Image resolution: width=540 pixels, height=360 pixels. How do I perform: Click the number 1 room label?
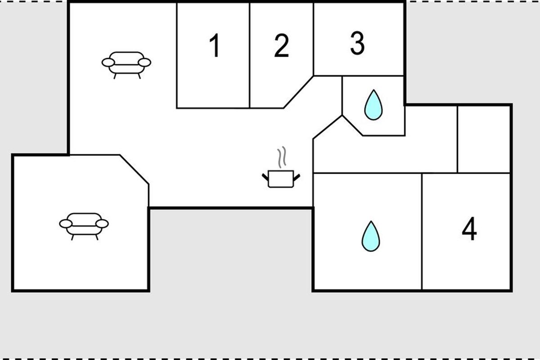click(214, 45)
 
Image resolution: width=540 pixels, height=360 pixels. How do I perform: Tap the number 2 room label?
click(282, 45)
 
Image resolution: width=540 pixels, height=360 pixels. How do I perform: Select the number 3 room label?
click(357, 43)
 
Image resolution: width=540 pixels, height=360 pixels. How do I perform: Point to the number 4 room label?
click(469, 228)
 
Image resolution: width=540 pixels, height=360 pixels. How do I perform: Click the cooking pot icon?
click(281, 179)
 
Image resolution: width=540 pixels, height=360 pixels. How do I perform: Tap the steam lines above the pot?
click(282, 157)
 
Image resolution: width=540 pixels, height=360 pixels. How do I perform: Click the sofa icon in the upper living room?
click(126, 65)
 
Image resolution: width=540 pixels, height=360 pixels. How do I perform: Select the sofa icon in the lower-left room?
click(84, 226)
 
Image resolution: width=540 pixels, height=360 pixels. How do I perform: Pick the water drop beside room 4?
click(371, 236)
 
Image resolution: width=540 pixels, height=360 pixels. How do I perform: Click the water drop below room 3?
click(373, 105)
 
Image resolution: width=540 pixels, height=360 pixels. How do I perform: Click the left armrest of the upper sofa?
click(108, 63)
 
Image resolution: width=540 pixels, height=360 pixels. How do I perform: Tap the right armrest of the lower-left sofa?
click(102, 224)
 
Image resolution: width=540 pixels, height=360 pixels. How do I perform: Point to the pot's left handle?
click(265, 177)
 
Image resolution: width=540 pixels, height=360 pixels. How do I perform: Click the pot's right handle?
click(297, 177)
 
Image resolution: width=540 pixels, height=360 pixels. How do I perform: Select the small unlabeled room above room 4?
click(484, 139)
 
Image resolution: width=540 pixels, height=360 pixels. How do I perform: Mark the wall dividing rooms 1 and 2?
click(249, 55)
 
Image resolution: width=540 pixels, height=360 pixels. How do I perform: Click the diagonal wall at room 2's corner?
click(298, 92)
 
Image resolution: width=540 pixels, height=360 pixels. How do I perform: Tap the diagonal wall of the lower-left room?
click(134, 170)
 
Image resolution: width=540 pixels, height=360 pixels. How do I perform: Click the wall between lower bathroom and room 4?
click(422, 231)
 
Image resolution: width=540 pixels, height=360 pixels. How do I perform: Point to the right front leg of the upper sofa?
click(139, 76)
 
